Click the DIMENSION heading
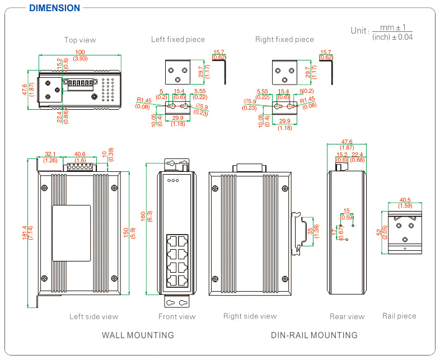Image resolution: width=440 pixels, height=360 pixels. tap(54, 8)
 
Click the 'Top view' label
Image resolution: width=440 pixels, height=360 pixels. tap(80, 40)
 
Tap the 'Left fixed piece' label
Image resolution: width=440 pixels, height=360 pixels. tap(178, 39)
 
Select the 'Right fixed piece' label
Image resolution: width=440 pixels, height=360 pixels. tap(284, 39)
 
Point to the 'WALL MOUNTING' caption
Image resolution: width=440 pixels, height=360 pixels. tap(138, 335)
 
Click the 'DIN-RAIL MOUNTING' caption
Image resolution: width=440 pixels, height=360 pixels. tap(314, 335)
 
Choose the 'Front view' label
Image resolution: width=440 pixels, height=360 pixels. tap(177, 316)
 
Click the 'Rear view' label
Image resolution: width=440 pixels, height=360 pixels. tap(347, 316)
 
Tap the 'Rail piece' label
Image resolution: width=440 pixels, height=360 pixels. tap(399, 316)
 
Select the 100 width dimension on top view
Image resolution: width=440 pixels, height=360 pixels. tap(80, 52)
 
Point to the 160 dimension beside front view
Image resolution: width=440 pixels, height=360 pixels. tap(143, 216)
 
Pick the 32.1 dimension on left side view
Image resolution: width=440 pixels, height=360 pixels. tap(51, 154)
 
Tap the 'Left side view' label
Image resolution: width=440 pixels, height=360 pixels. tap(94, 316)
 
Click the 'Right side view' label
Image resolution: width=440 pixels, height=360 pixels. tap(250, 316)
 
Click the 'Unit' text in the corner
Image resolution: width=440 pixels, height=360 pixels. tap(359, 31)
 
